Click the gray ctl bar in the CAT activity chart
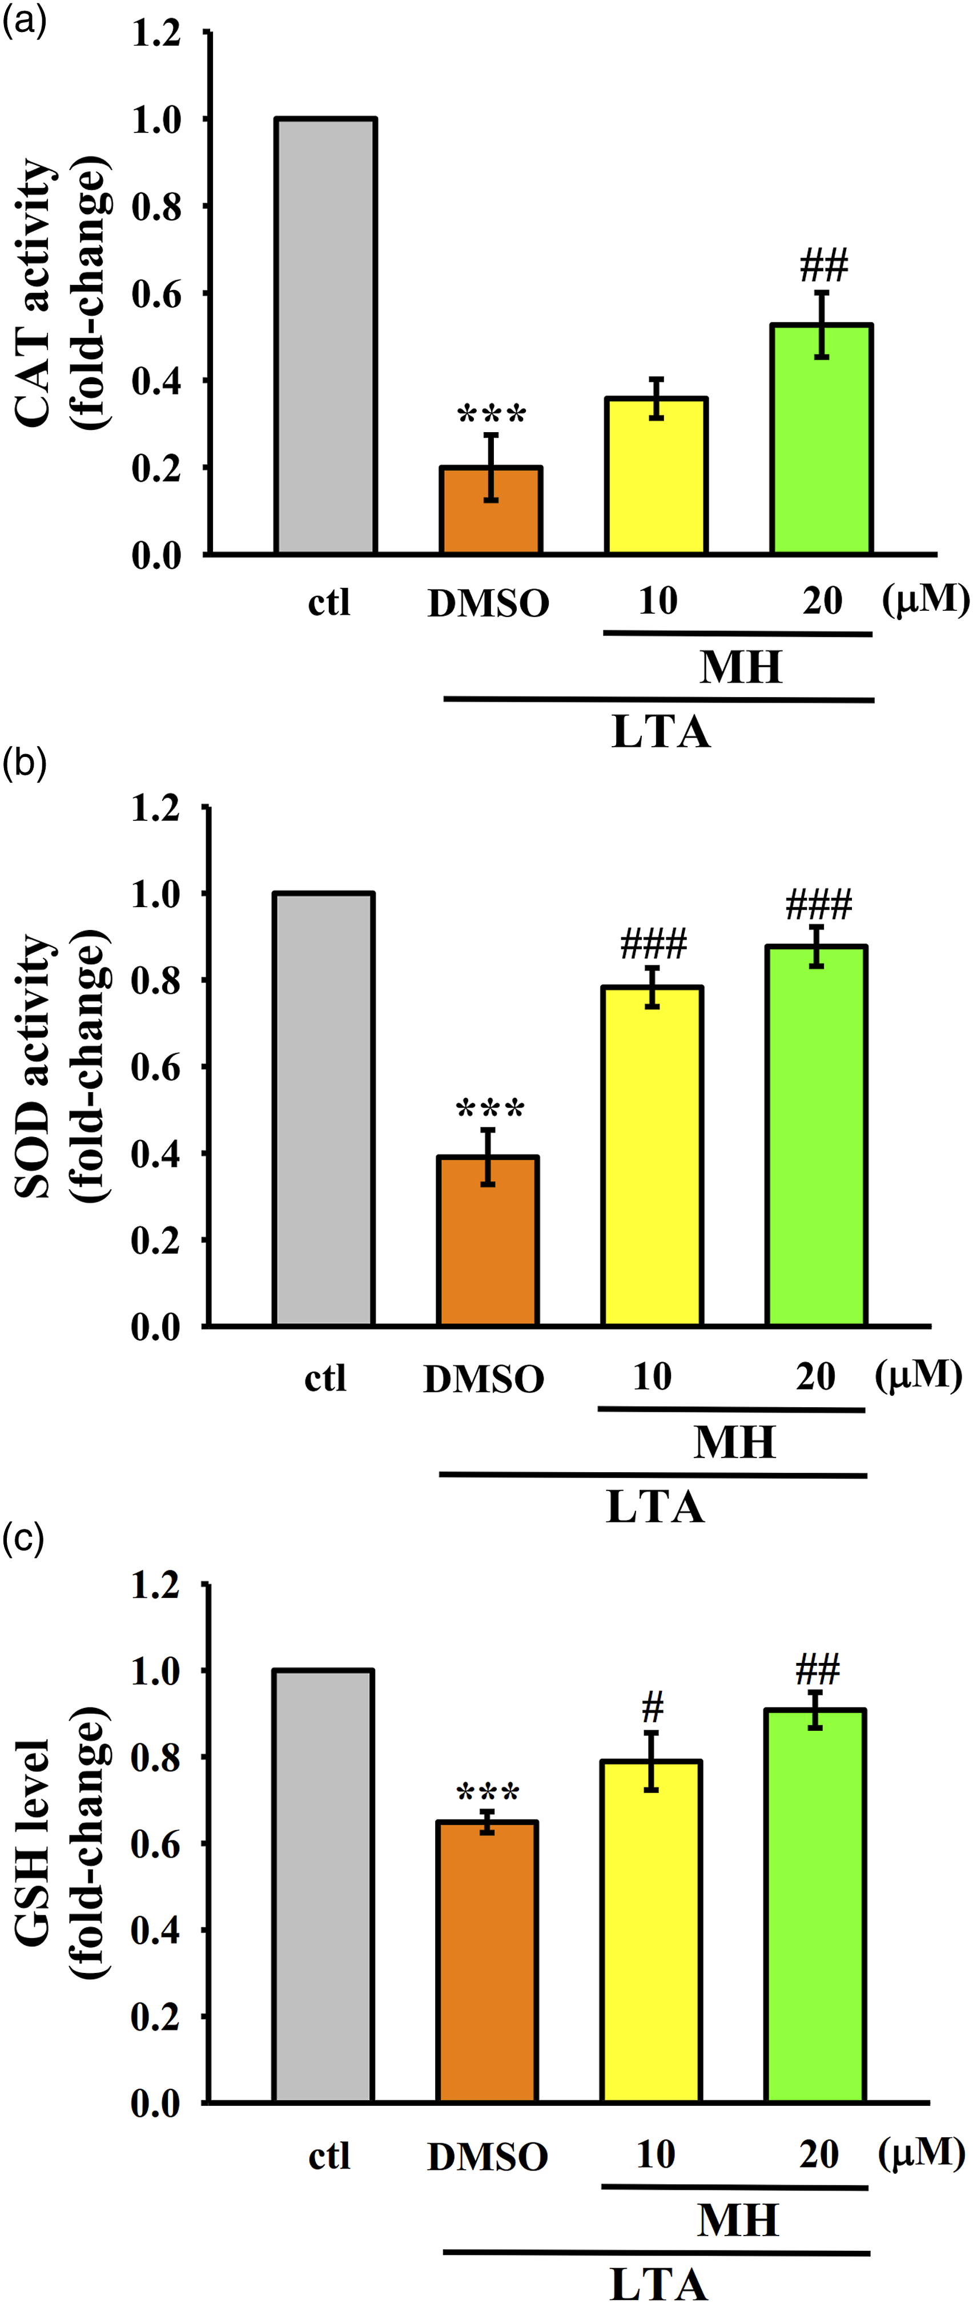(325, 336)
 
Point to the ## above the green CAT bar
(823, 265)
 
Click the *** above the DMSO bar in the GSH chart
(488, 1791)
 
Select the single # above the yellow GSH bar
(653, 1709)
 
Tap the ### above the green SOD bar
(818, 905)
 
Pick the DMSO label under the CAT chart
(488, 604)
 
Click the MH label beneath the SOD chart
(734, 1442)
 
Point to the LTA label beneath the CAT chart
(661, 732)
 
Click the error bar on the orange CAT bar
(491, 467)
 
